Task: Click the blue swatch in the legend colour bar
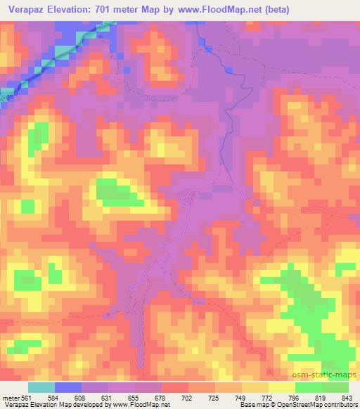[67, 387]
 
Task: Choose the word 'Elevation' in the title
[74, 9]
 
